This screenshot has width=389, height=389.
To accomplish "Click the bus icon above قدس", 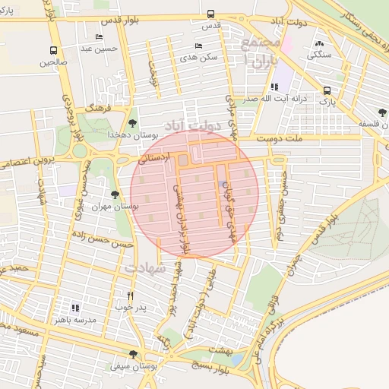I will click(x=210, y=14).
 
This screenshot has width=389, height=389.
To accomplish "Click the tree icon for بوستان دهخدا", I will click(x=133, y=122).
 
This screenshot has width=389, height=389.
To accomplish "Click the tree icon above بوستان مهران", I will click(x=115, y=195).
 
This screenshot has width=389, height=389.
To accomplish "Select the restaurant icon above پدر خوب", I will click(x=131, y=296).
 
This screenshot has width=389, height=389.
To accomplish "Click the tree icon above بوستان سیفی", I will click(x=134, y=354).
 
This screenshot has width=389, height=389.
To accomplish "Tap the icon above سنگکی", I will click(x=318, y=44).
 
